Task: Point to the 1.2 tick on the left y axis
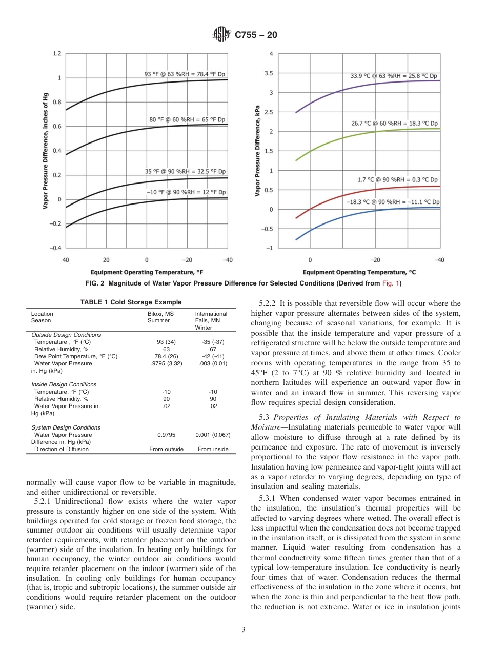57,53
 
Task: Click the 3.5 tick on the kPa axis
268,73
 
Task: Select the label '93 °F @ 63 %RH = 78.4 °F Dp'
185,74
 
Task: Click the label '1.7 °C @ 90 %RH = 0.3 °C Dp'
397,180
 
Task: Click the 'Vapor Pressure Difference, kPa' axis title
258,151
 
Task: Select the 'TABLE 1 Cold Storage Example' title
131,302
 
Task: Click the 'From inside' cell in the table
213,449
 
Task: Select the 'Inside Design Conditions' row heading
64,384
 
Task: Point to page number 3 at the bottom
243,629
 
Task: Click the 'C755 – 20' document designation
256,35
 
